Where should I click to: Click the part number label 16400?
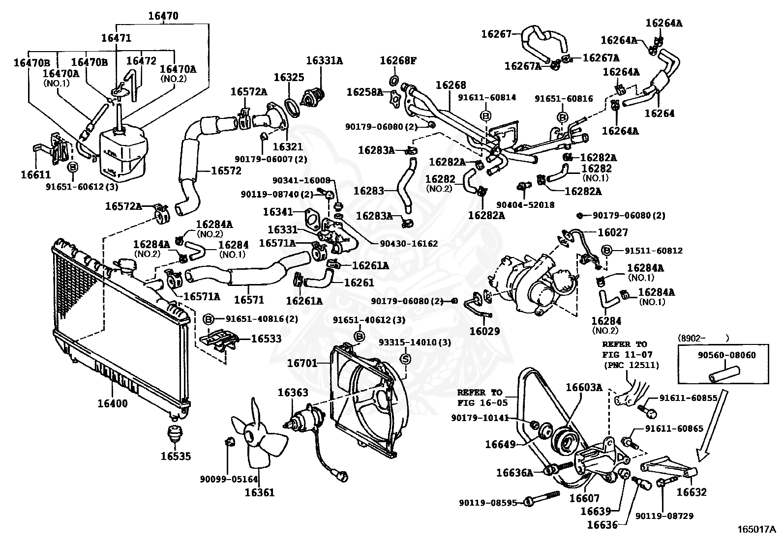pyautogui.click(x=113, y=403)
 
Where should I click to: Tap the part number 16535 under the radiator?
pyautogui.click(x=176, y=456)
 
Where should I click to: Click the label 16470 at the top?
pyautogui.click(x=163, y=16)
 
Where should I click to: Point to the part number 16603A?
pyautogui.click(x=584, y=387)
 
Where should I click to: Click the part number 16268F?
pyautogui.click(x=398, y=60)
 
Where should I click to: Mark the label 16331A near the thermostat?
pyautogui.click(x=325, y=60)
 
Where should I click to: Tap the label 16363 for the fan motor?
pyautogui.click(x=293, y=392)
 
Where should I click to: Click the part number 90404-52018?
pyautogui.click(x=525, y=204)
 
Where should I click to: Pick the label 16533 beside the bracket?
pyautogui.click(x=266, y=338)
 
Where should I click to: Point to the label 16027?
pyautogui.click(x=613, y=232)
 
